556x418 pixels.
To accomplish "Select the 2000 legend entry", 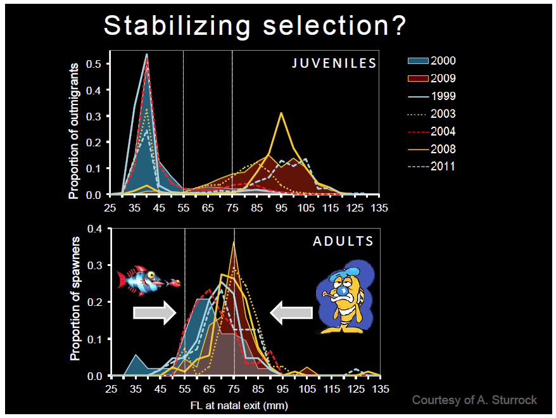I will click(430, 61).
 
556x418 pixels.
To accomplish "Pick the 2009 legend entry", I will click(430, 79).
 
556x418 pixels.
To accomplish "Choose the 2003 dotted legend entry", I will click(430, 115).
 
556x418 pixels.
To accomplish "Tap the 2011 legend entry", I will click(430, 167).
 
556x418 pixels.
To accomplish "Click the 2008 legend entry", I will click(430, 149).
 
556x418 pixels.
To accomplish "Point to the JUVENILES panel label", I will click(334, 63).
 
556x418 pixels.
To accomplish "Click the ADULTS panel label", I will click(343, 241).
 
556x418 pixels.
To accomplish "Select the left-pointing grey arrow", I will click(292, 312).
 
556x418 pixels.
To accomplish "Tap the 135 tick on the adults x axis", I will click(380, 388).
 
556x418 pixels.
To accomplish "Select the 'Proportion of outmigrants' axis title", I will click(75, 130).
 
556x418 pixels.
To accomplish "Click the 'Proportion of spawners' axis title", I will click(75, 299).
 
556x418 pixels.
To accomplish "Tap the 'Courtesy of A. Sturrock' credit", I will click(474, 400).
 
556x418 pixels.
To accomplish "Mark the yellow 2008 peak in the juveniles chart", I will click(281, 113).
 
